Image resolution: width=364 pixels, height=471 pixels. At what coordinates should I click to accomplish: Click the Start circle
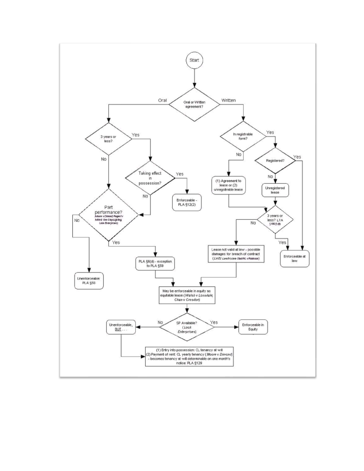194,60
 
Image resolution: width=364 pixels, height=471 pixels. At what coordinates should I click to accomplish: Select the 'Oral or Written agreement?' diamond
194,105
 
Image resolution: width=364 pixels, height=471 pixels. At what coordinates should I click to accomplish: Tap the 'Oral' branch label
162,100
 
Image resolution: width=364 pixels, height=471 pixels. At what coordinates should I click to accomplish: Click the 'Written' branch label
228,100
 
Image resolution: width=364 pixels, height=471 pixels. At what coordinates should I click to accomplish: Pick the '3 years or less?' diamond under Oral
108,139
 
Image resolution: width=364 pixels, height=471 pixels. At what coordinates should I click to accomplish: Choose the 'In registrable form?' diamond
243,136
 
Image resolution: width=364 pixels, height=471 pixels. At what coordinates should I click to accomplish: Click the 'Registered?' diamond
275,161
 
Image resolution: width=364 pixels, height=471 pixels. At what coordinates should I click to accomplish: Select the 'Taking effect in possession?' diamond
150,178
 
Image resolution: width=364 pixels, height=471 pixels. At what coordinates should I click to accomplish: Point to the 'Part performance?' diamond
108,215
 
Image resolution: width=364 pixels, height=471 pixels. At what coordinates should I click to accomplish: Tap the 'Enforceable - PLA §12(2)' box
187,202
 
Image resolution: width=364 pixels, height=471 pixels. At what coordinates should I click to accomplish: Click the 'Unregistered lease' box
275,190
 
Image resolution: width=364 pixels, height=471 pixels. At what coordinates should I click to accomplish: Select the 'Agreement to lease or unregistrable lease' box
228,185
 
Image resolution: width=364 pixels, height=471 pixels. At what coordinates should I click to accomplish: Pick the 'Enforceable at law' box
295,258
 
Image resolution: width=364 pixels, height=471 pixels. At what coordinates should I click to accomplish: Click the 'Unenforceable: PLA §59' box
89,281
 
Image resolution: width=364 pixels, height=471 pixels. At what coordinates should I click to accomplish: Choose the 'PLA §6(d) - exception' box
155,264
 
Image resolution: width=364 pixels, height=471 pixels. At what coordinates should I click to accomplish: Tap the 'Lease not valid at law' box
236,254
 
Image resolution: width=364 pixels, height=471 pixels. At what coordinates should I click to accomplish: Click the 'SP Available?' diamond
187,327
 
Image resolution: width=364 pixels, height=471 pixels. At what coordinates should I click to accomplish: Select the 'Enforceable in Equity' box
253,327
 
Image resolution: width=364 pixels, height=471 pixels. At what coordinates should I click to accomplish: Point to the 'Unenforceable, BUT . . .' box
121,327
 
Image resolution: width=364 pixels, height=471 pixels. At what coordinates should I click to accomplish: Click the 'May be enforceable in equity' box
187,295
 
